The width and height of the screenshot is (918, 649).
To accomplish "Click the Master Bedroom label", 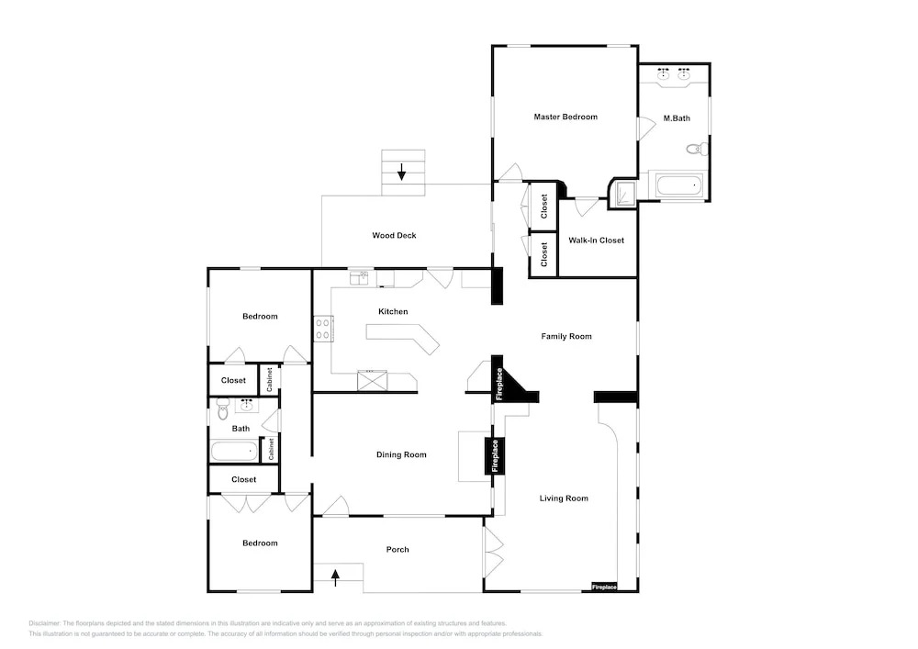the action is coord(565,117).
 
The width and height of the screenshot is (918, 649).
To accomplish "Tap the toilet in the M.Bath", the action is coord(697,149).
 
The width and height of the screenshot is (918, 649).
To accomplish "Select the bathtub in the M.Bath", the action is coord(679,186).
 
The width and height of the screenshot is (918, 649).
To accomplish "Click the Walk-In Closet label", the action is coord(596,241).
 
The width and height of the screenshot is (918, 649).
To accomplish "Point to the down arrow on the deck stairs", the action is coord(402,172).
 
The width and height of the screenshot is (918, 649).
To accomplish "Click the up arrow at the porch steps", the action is coord(335,577).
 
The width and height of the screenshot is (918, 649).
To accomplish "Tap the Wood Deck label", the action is coord(394,236).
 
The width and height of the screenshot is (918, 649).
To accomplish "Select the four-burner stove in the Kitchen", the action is coord(323,329).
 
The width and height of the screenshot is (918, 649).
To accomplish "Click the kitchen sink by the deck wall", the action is coord(359,277).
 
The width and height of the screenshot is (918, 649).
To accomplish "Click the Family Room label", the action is coord(566,337).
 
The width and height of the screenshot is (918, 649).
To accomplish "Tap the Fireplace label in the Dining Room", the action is coord(496,456).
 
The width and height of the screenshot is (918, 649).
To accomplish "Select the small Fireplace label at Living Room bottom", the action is coord(604,587).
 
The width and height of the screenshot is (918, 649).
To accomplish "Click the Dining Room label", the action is coord(401,454).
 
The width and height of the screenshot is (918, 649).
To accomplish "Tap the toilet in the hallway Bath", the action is coord(222,409).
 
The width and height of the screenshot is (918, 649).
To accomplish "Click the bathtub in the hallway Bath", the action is coord(234,452).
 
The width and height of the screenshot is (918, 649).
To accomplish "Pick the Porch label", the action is coord(397,550).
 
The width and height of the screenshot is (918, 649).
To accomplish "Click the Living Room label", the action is coord(564,498).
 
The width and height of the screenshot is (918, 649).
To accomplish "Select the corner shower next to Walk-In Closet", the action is coord(623,193).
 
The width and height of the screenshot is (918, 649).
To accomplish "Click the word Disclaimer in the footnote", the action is coord(44,624).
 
